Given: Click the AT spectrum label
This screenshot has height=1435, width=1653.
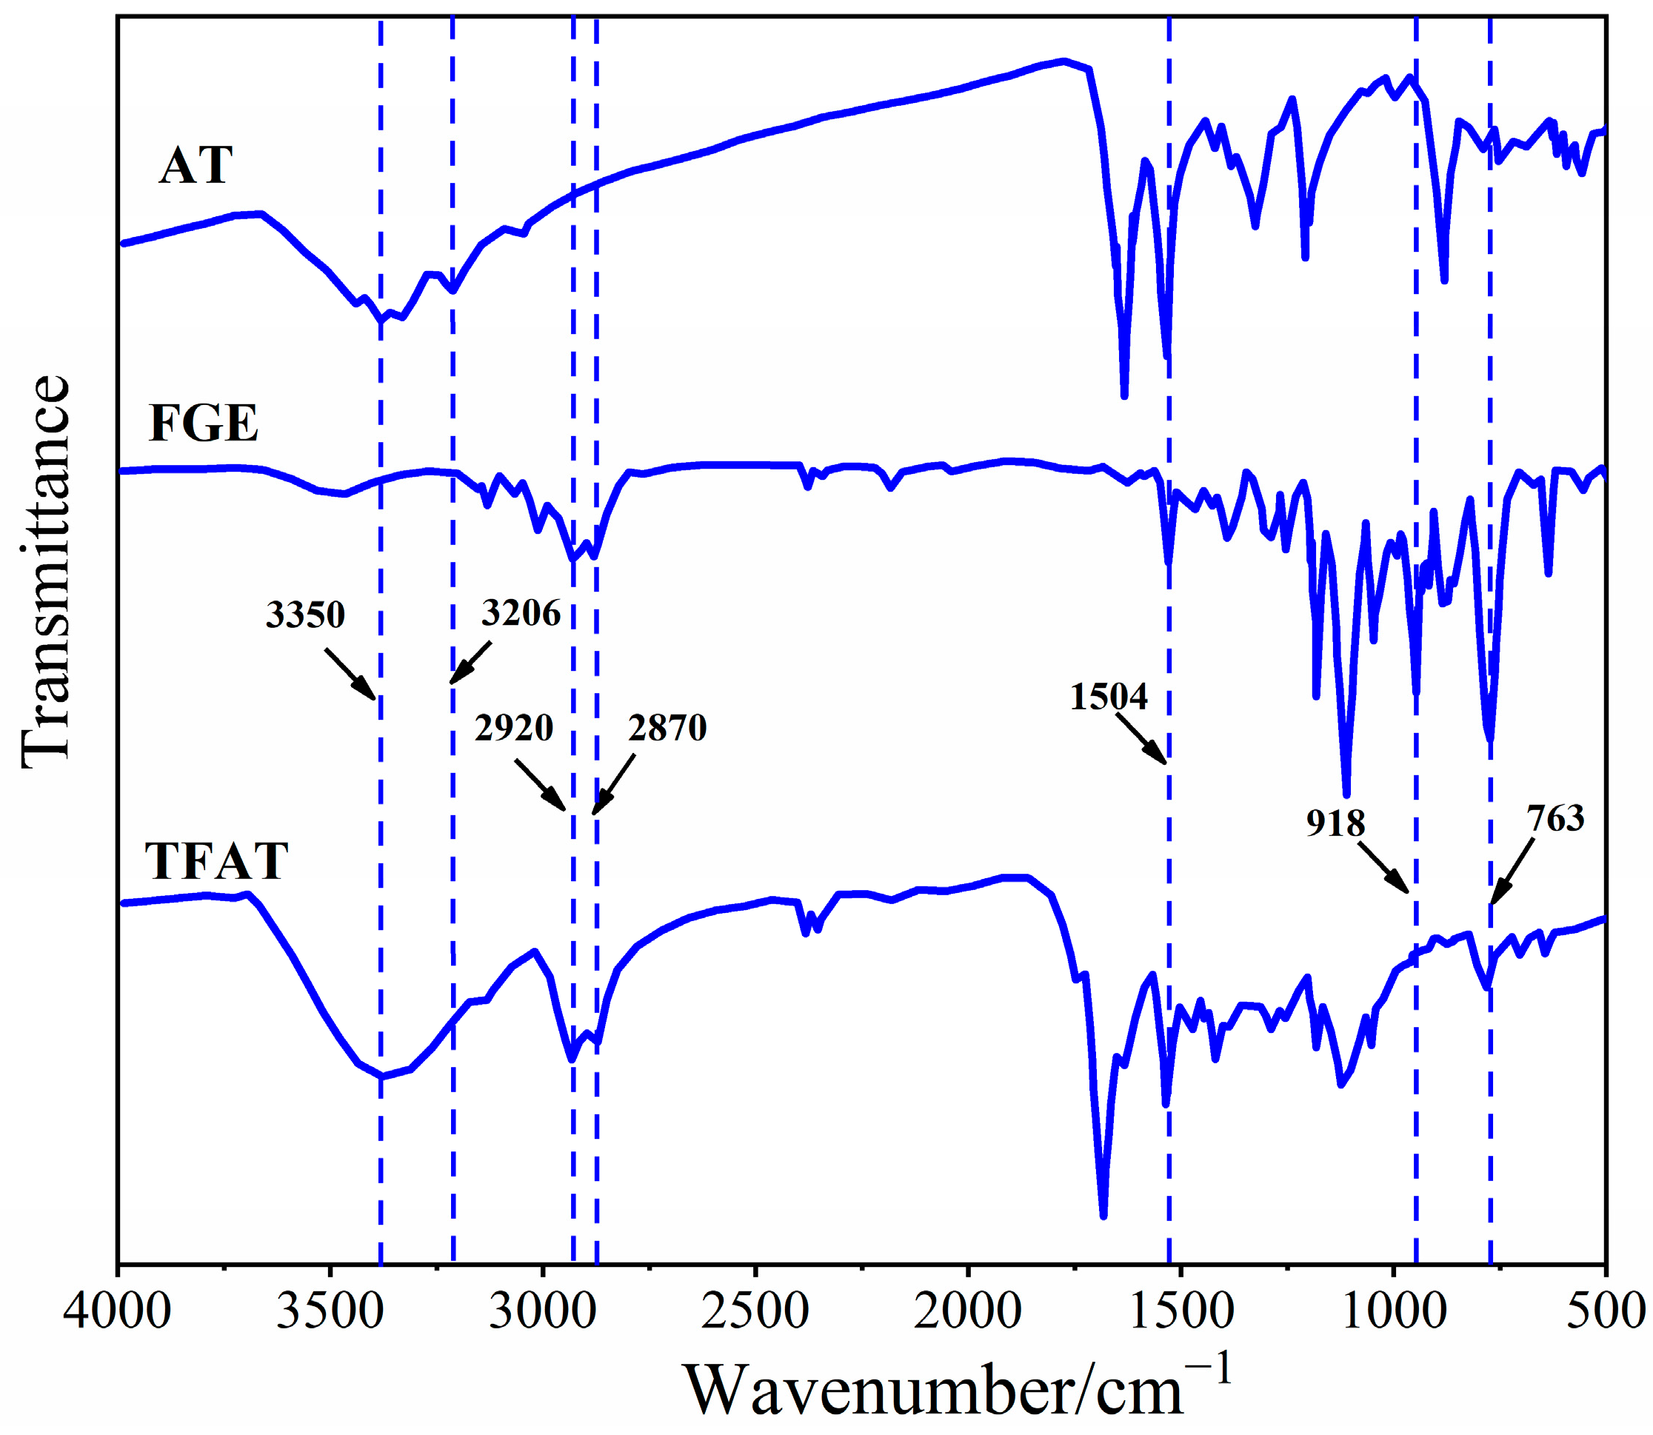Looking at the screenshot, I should point(196,166).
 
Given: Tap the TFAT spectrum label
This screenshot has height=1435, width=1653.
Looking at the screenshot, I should point(216,862).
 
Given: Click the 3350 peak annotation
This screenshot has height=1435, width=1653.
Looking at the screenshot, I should point(305,615).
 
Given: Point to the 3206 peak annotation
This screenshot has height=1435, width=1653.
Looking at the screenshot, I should point(521,612).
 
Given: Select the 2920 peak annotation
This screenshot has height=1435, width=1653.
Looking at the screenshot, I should point(513,728).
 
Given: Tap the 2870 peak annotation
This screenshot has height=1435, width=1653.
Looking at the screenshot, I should point(667,728).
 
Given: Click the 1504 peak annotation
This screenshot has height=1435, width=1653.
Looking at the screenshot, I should point(1109,697).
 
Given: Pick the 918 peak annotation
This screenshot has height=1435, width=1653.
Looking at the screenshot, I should point(1335,823).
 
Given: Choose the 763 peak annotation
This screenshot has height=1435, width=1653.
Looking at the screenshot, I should point(1555,818).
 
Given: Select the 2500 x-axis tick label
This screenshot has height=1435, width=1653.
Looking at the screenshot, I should point(755,1314).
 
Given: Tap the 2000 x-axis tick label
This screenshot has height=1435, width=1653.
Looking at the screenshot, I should point(967,1314).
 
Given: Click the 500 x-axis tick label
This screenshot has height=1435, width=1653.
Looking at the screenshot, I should point(1605,1314).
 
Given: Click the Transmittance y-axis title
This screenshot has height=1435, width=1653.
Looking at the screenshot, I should point(46,572).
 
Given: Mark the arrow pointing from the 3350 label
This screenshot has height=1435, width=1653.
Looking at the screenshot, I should point(350,675).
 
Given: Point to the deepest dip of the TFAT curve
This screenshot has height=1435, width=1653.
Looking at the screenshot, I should point(1103,1216).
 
